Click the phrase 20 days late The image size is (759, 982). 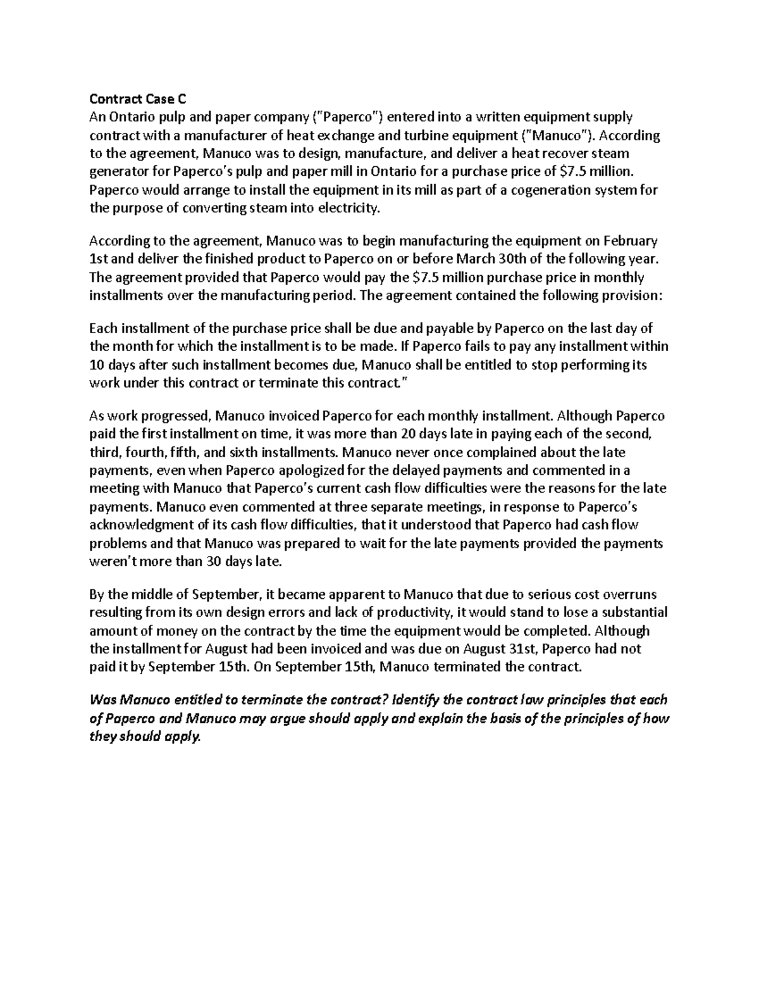coord(473,434)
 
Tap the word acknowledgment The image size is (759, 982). coord(134,525)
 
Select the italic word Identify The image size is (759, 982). coord(416,700)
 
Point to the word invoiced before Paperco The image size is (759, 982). coord(290,416)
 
